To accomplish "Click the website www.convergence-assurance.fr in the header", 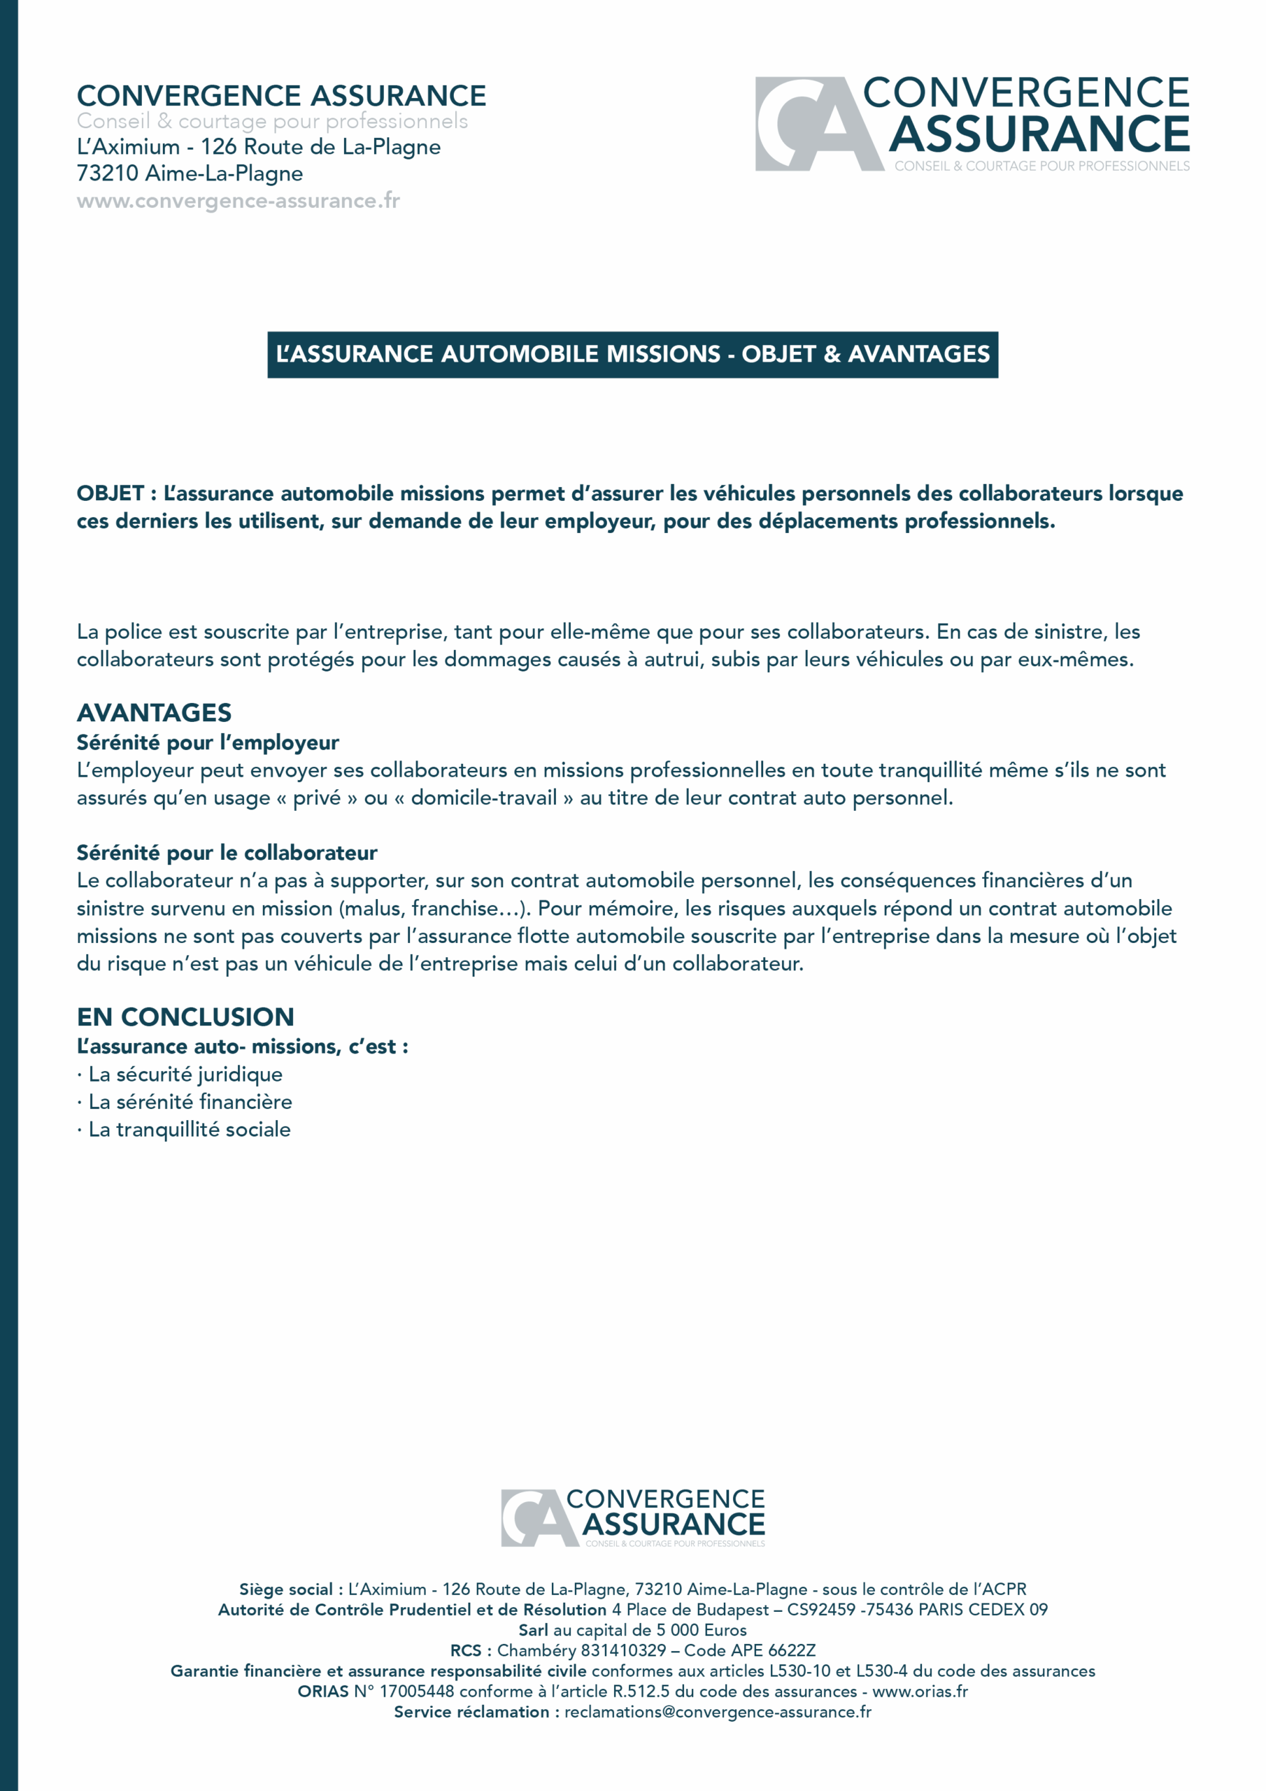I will pos(238,201).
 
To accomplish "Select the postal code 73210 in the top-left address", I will pos(108,174).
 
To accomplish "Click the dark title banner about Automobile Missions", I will pos(632,355).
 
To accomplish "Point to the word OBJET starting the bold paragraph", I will pos(110,494).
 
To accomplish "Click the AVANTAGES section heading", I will pos(154,713).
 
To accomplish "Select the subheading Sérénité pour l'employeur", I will pos(208,742).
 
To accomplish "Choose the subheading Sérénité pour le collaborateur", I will pos(226,853).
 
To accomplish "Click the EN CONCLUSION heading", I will pos(185,1017).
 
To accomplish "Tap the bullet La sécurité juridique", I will pos(185,1074).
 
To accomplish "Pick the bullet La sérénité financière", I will pos(190,1102).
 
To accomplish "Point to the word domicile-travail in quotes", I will pos(483,798).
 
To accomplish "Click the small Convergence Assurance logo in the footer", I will pos(632,1517).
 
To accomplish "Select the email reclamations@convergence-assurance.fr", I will pos(718,1712).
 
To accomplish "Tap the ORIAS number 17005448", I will pos(417,1691).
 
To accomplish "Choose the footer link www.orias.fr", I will pos(920,1691).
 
